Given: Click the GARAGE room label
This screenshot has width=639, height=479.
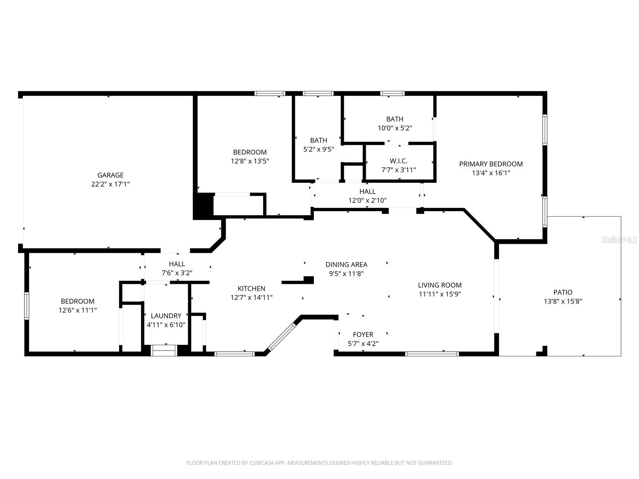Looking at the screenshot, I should click(x=110, y=175).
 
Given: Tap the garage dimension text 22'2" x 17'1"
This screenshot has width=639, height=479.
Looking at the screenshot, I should click(x=110, y=184).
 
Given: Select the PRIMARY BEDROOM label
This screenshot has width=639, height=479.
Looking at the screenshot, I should click(x=491, y=164).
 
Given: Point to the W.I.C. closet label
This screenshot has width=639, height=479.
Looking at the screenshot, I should click(x=399, y=161).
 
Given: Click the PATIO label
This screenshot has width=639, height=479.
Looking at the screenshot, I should click(x=563, y=292).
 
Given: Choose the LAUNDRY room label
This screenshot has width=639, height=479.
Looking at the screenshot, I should click(x=166, y=316).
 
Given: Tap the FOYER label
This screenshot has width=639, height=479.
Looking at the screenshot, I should click(x=363, y=335).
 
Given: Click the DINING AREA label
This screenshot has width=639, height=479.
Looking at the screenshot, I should click(x=346, y=264).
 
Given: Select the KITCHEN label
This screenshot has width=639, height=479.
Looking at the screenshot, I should click(x=251, y=289).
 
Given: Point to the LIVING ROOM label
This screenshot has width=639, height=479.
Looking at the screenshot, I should click(x=440, y=285).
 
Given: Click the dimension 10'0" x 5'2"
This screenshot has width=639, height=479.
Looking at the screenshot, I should click(x=395, y=128).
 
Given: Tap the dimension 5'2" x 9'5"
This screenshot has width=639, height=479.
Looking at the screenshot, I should click(x=319, y=149).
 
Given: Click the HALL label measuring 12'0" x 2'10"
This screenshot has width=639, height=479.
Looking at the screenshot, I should click(x=367, y=191).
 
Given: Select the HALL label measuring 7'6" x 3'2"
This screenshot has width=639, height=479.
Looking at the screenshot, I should click(x=177, y=264).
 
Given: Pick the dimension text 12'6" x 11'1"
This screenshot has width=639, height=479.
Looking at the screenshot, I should click(x=77, y=310).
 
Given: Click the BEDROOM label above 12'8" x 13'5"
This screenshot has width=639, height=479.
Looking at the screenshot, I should click(x=250, y=152).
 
